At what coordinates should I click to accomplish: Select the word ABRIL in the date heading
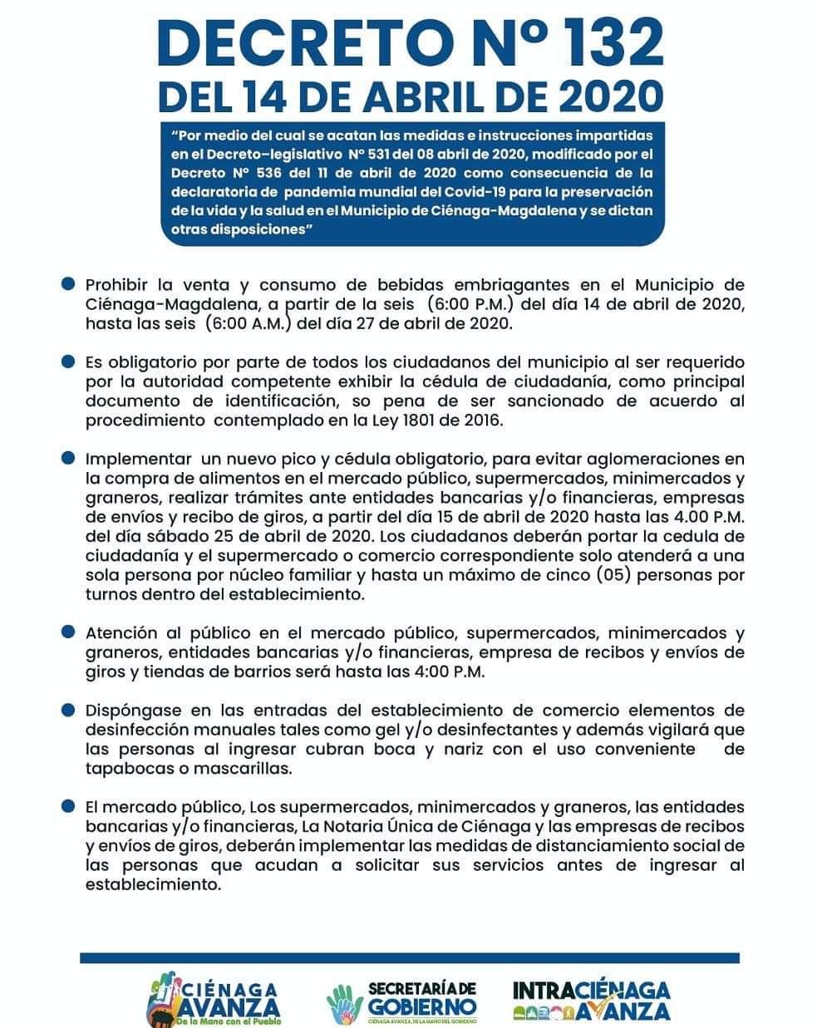(464, 96)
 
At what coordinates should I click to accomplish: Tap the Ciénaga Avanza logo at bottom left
(214, 999)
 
